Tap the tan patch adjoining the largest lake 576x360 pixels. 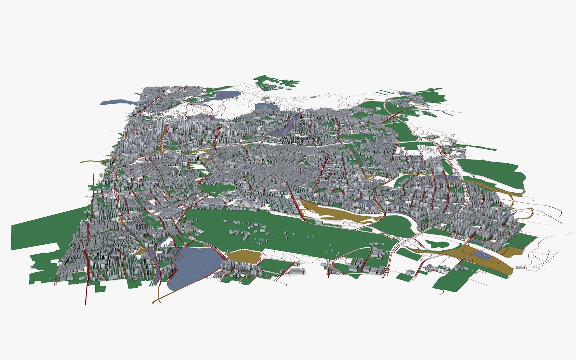(x=243, y=256)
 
